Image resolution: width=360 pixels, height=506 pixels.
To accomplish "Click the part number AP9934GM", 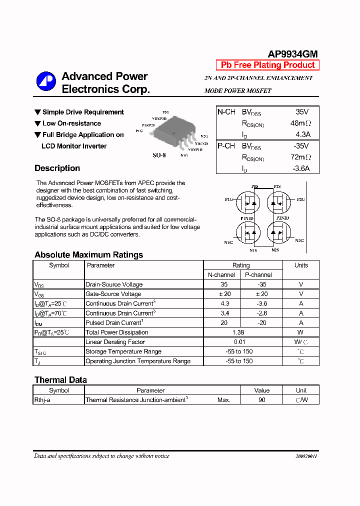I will [x=292, y=54].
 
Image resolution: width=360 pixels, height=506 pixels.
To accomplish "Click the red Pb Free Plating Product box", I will [x=267, y=65].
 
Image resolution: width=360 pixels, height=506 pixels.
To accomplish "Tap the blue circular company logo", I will [x=46, y=82].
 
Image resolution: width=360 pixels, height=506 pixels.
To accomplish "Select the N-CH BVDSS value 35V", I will [x=302, y=112].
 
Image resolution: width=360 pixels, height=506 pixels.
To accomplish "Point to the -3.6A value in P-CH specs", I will [x=300, y=168].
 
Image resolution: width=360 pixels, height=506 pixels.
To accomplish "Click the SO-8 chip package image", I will [x=172, y=131].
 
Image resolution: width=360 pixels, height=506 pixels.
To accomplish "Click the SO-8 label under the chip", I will [x=159, y=155].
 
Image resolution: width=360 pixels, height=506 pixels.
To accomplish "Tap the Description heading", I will [x=57, y=168].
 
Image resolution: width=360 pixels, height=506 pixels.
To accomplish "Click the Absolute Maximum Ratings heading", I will [x=88, y=255].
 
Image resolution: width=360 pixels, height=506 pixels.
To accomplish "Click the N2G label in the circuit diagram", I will [x=299, y=240].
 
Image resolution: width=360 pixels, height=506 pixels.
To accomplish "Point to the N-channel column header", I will [x=221, y=275].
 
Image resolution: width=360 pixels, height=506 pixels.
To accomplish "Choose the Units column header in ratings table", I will [x=301, y=265].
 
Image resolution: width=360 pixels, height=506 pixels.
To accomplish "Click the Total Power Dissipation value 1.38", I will [x=241, y=332].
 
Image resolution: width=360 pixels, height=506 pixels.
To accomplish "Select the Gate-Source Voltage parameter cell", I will [x=113, y=294].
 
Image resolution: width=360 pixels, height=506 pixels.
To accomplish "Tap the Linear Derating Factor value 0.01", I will [x=241, y=342].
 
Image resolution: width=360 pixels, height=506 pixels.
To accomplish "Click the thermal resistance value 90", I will [x=261, y=400].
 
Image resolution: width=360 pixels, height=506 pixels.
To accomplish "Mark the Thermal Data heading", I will [x=60, y=380].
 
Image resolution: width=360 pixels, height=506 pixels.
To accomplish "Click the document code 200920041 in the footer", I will [x=306, y=456].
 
